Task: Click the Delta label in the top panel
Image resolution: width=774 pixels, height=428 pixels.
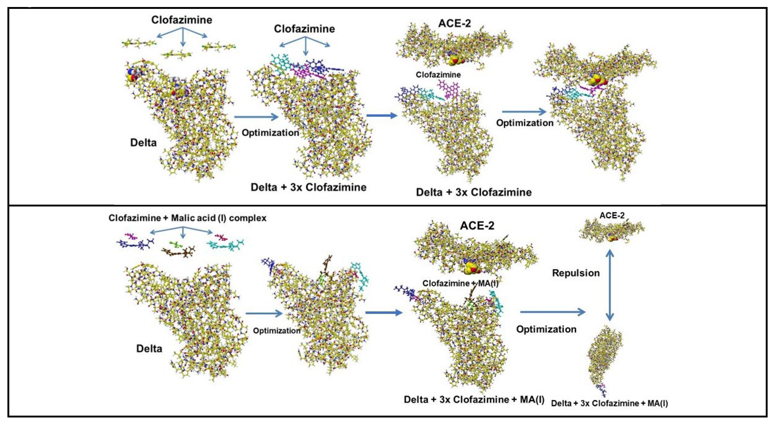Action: pos(143,143)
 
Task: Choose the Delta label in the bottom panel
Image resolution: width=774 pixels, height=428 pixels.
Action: pos(149,349)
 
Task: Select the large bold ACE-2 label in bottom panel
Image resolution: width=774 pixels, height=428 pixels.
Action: pos(477,225)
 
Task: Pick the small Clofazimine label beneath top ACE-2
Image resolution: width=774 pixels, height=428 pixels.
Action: pos(438,74)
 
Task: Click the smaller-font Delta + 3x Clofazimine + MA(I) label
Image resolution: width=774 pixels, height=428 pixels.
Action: pos(609,403)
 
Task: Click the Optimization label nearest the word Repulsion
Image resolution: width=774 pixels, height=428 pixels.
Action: pos(546,329)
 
